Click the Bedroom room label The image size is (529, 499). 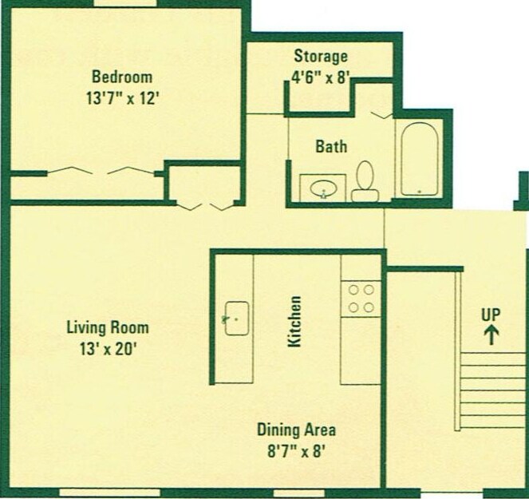[x=121, y=77]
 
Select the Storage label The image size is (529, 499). [x=321, y=57]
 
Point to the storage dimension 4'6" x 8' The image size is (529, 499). [x=321, y=77]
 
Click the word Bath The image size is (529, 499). [x=331, y=147]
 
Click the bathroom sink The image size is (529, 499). [x=323, y=188]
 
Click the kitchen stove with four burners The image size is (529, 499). [x=361, y=298]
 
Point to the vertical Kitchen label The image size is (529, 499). [x=294, y=321]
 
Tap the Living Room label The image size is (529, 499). [x=107, y=327]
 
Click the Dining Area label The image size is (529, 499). [x=296, y=430]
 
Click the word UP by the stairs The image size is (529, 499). [x=491, y=314]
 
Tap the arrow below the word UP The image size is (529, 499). [x=491, y=334]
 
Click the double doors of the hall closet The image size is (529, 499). [x=203, y=207]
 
